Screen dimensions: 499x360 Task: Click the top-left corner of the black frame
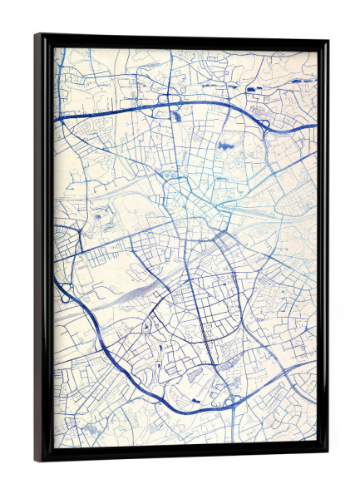[37, 35]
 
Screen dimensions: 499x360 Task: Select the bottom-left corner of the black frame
[37, 461]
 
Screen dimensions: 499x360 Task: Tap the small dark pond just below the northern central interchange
[178, 117]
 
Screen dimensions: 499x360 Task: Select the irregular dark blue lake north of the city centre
[224, 146]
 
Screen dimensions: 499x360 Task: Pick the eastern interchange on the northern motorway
[264, 125]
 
